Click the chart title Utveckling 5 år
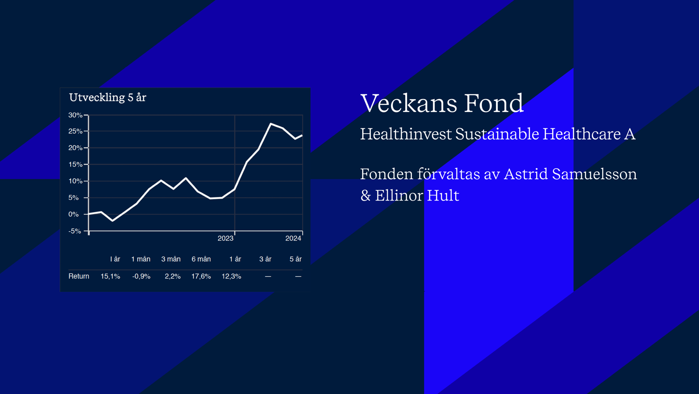point(108,97)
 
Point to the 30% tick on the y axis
point(75,115)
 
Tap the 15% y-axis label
point(75,165)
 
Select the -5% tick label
point(75,232)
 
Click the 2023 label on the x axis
point(225,239)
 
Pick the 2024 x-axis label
point(293,239)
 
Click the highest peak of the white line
point(271,124)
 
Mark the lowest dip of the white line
point(113,221)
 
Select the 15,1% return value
point(110,276)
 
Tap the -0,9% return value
point(141,276)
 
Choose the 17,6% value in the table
point(201,276)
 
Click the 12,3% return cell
point(231,276)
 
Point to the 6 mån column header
point(201,259)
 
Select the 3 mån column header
point(171,259)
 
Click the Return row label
point(79,276)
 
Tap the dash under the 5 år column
point(298,276)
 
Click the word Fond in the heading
point(494,103)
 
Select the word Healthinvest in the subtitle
point(406,134)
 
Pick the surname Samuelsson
point(594,174)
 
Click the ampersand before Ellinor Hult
point(365,196)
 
